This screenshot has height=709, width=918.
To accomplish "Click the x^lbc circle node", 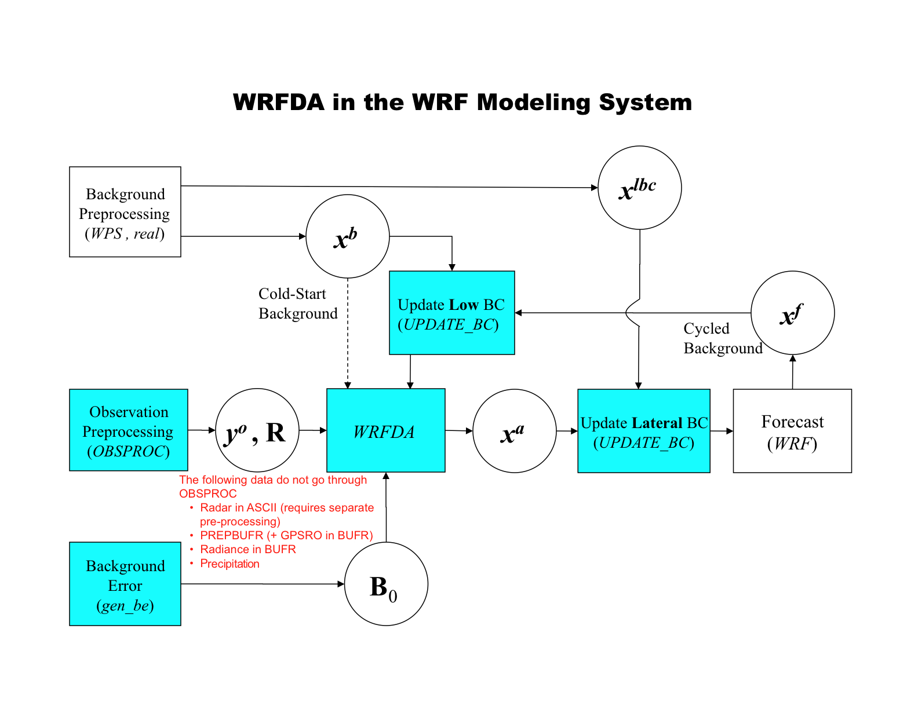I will tap(639, 188).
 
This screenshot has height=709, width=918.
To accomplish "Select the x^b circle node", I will tap(348, 236).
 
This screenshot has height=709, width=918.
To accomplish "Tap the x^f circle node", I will tap(792, 313).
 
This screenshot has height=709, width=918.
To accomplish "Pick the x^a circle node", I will tap(514, 431).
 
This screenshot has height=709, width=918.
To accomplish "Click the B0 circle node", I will tap(386, 584).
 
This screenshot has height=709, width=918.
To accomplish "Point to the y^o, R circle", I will tap(257, 430).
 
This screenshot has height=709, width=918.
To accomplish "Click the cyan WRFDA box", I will tap(385, 430).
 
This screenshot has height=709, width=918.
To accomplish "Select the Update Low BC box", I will tap(451, 313).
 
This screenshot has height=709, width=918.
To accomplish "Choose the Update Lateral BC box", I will tap(643, 431).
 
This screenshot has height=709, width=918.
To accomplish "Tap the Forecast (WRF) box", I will tap(792, 431).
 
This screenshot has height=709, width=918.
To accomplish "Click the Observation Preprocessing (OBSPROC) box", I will tap(128, 430).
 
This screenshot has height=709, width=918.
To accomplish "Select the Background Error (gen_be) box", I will tap(125, 584).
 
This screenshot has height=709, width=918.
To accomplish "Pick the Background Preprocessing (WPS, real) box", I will tap(125, 212).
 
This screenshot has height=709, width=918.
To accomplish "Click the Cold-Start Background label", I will tap(297, 304).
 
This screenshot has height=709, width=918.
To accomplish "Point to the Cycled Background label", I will tap(722, 338).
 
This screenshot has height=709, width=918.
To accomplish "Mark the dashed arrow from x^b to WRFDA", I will tap(348, 333).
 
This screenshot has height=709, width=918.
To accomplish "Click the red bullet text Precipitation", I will tap(230, 564).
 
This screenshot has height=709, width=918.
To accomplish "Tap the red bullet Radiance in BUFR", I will tap(247, 549).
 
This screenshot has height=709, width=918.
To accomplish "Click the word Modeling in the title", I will tap(534, 103).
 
